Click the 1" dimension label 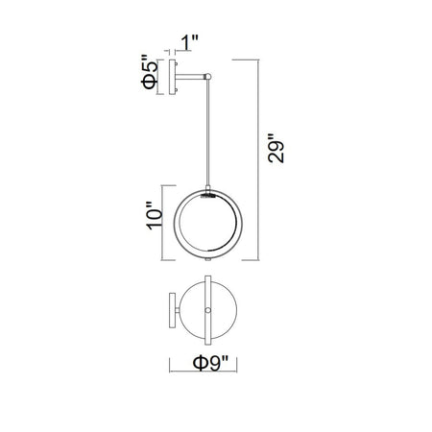pyautogui.click(x=190, y=43)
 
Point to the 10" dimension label pyautogui.click(x=155, y=215)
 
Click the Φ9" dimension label pyautogui.click(x=210, y=364)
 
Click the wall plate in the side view pyautogui.click(x=172, y=78)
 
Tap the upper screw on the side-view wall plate pyautogui.click(x=177, y=64)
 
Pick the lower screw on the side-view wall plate pyautogui.click(x=177, y=91)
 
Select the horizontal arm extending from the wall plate pyautogui.click(x=190, y=77)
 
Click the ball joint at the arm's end pyautogui.click(x=208, y=77)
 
